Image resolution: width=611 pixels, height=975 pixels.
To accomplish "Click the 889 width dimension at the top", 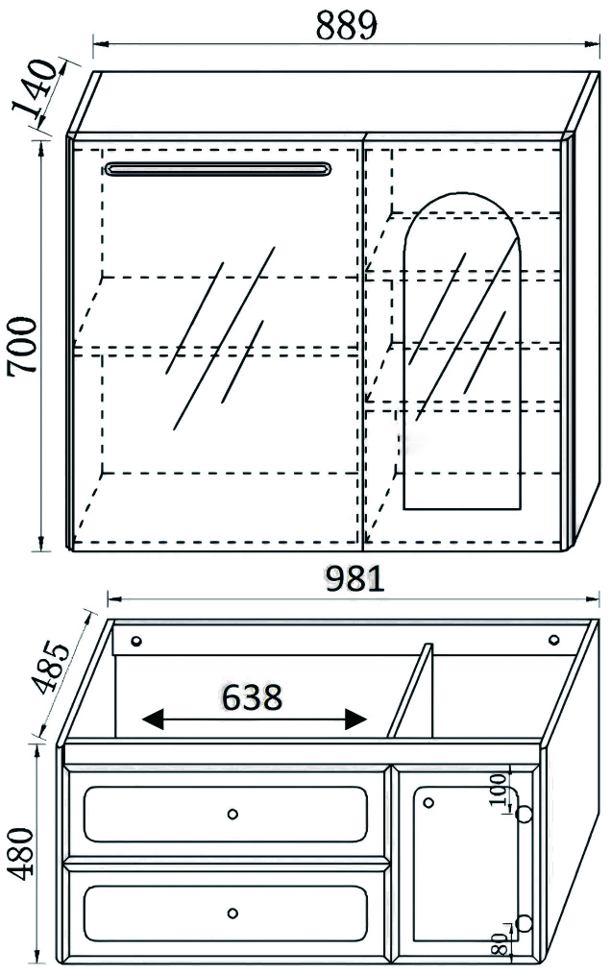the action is [346, 26].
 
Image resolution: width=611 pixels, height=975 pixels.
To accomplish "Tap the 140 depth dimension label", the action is [35, 88].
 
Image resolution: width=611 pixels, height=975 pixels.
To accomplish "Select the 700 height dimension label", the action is [23, 345].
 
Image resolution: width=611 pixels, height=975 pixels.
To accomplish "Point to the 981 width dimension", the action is [354, 579].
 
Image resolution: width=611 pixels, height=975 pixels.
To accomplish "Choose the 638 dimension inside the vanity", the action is [253, 697].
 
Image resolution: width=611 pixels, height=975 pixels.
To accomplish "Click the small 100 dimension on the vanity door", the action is [498, 790].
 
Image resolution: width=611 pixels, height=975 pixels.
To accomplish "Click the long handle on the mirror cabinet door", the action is [217, 169].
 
